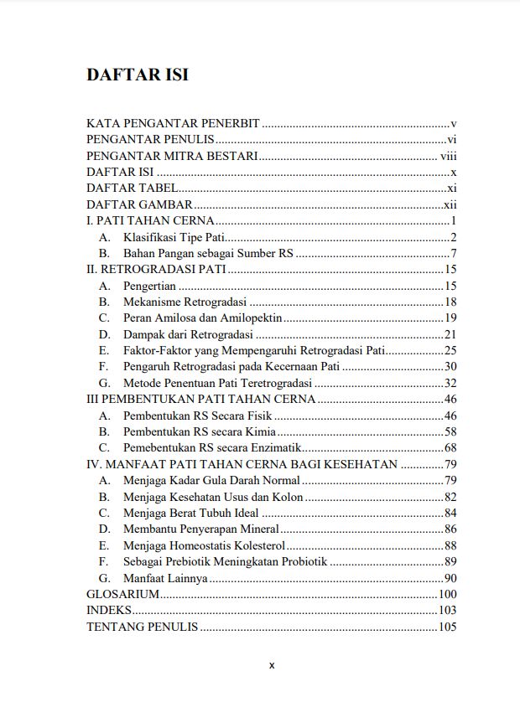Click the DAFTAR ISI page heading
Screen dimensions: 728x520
point(137,75)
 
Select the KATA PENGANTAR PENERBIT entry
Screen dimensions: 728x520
point(174,123)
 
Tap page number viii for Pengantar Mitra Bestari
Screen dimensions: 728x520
point(447,156)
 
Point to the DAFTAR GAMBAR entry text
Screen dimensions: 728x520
point(139,204)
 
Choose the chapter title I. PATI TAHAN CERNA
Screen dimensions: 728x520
point(151,221)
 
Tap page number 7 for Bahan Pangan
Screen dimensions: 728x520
point(452,253)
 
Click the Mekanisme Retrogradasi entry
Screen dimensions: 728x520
point(184,302)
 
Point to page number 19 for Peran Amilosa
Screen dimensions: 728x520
point(450,318)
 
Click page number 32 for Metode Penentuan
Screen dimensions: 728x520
point(450,383)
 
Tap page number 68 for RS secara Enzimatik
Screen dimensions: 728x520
point(450,448)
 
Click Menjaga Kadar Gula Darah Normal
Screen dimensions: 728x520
point(211,480)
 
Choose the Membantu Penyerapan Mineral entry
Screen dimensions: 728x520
point(200,529)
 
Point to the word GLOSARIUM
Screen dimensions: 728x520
point(122,594)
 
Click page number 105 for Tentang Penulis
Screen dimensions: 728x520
point(447,627)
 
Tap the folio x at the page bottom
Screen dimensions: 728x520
point(272,665)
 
